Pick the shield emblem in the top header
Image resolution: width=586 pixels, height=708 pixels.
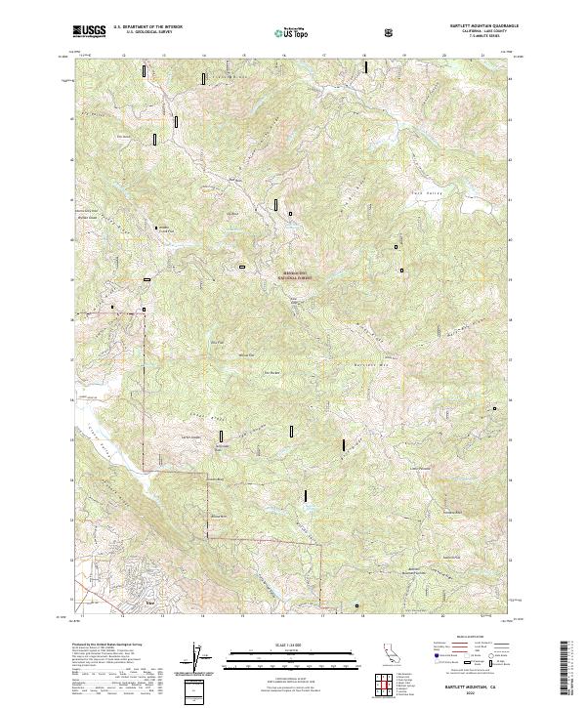[390, 31]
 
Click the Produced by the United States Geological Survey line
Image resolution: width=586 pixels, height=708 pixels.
[103, 646]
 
